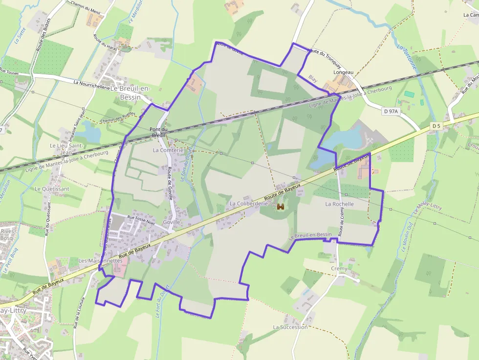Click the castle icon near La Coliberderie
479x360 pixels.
pyautogui.click(x=281, y=207)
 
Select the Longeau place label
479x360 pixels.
pyautogui.click(x=343, y=72)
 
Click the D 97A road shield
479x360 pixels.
pyautogui.click(x=391, y=112)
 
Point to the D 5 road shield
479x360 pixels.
pyautogui.click(x=436, y=126)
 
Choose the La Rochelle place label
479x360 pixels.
pyautogui.click(x=339, y=204)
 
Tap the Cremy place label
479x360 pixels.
pyautogui.click(x=339, y=269)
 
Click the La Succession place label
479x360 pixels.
pyautogui.click(x=290, y=327)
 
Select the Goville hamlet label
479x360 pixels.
pyautogui.click(x=172, y=222)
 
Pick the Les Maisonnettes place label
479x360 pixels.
pyautogui.click(x=100, y=261)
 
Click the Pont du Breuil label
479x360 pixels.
pyautogui.click(x=158, y=132)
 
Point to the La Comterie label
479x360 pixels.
pyautogui.click(x=168, y=150)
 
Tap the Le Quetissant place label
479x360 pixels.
pyautogui.click(x=52, y=189)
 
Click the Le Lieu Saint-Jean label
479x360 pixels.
pyautogui.click(x=67, y=148)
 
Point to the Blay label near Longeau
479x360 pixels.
pyautogui.click(x=313, y=78)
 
